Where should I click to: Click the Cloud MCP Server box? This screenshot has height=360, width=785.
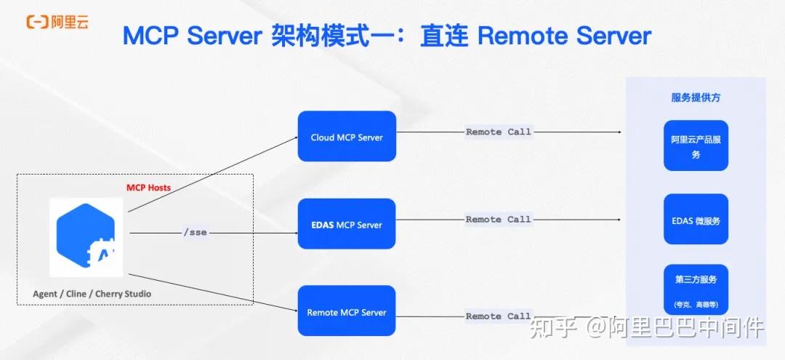coord(347,136)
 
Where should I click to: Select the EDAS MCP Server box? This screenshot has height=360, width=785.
coord(347,224)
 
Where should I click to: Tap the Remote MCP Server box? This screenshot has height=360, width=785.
coord(347,311)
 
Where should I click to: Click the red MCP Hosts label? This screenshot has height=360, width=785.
coord(149,188)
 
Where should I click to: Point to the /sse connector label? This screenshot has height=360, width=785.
coord(196,233)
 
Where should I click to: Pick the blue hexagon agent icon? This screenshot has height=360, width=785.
coord(86,237)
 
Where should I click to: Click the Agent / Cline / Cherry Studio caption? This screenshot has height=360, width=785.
coord(92,294)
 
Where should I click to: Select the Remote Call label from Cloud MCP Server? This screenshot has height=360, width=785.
coord(498,132)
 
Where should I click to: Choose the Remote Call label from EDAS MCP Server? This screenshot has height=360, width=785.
coord(498,220)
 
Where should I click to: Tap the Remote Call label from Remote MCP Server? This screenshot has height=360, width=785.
coord(498,316)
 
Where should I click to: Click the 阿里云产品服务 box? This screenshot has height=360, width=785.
coord(696,145)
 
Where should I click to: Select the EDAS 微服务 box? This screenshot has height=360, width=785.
coord(696,220)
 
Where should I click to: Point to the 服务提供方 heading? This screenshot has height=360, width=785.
coord(696,97)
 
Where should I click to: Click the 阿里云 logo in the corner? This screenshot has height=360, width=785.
coord(57,22)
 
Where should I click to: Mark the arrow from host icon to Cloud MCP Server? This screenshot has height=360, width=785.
coord(213,174)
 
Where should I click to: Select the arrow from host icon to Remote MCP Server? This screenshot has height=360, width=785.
coord(213,292)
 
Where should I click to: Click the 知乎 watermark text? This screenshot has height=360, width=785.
coord(550,327)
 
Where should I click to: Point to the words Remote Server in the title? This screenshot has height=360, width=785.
coord(565,36)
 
